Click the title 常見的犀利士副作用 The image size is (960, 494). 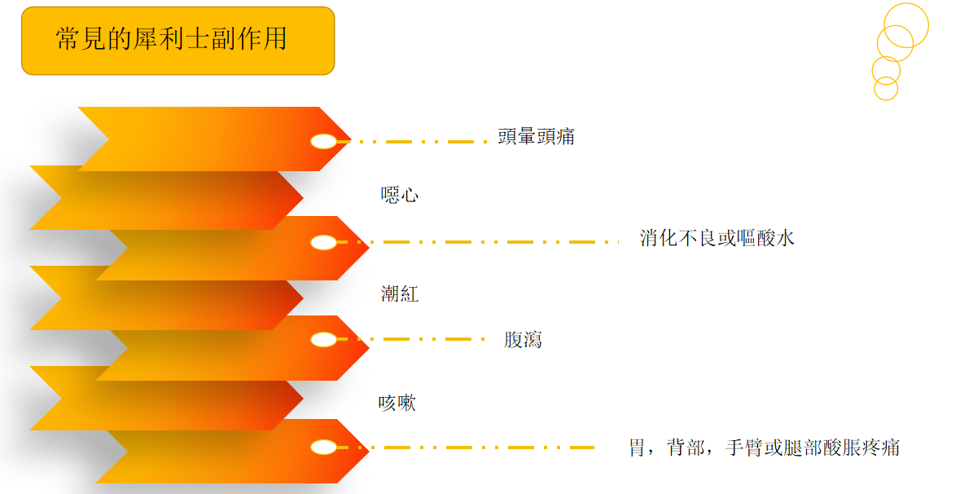(171, 38)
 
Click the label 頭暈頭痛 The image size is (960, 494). (536, 137)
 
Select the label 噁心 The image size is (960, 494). (400, 195)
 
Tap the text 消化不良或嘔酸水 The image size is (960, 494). (717, 238)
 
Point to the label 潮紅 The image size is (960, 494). (400, 293)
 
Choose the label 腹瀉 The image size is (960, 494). (523, 340)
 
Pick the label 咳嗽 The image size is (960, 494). (397, 403)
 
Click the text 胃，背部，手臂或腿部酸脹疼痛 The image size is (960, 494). (764, 448)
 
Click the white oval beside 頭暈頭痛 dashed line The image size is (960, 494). (323, 142)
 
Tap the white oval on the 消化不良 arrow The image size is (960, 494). (323, 242)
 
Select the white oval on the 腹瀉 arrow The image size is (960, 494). (323, 339)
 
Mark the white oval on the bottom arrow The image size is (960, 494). (323, 447)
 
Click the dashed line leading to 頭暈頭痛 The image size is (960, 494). (415, 142)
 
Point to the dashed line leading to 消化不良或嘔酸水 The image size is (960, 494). (480, 242)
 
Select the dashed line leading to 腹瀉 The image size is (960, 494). (415, 339)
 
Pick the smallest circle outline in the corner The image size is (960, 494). (886, 89)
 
